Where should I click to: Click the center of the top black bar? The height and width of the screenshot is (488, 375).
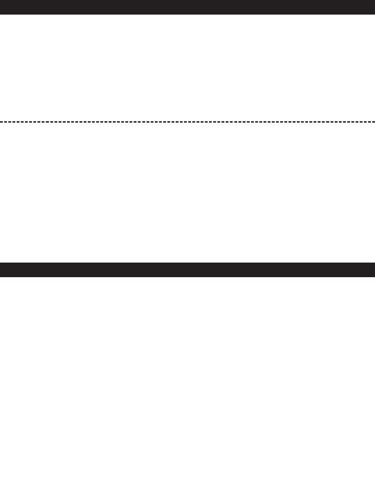coord(187,7)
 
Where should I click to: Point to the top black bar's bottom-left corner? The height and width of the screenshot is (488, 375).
coord(0,14)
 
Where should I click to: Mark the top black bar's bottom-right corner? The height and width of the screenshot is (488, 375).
coord(374,14)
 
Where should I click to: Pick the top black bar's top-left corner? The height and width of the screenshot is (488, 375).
coord(0,0)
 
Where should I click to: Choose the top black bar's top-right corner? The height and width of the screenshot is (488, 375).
coord(374,0)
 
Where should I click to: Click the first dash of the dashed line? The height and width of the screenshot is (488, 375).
coord(1,122)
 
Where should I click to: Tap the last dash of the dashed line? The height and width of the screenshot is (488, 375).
coord(373,122)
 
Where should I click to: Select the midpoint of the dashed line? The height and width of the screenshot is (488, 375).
coord(187,122)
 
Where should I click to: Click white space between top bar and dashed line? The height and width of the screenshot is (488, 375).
coord(187,68)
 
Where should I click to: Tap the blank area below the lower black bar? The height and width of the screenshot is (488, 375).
coord(187,382)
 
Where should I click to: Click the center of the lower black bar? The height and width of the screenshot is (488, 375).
coord(187,270)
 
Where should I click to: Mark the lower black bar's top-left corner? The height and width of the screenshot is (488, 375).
coord(0,263)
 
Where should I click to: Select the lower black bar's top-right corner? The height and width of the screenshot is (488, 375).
coord(374,263)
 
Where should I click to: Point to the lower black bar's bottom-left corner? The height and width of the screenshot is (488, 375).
coord(0,276)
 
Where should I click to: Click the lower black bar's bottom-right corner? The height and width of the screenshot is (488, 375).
coord(374,276)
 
